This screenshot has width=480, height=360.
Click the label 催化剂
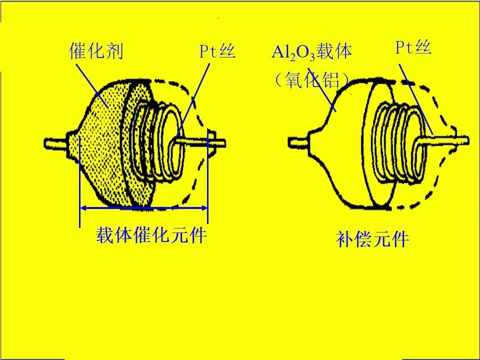pos(96,51)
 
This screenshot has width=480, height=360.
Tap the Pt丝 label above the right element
pos(413,47)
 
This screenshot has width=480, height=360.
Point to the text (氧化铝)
pos(311,80)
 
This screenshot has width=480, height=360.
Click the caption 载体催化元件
pos(151,235)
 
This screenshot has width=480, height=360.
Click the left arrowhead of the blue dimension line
pos(84,207)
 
